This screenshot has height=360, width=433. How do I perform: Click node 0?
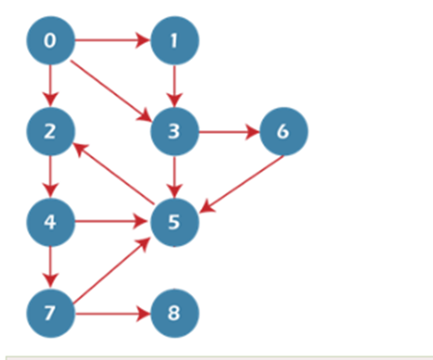tap(50, 40)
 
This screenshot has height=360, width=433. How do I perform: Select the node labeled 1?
tap(174, 40)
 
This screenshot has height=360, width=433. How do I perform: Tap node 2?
tap(50, 131)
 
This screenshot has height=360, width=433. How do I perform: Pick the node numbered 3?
tap(174, 131)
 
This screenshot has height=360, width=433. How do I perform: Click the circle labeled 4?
tap(50, 222)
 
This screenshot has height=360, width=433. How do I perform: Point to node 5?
tap(174, 222)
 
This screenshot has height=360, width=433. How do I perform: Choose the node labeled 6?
tap(283, 131)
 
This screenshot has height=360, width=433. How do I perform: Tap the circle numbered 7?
tap(50, 313)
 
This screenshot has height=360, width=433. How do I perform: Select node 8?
tap(174, 313)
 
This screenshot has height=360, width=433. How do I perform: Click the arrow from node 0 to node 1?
tap(113, 40)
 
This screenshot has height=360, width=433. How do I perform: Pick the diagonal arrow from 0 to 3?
tap(111, 91)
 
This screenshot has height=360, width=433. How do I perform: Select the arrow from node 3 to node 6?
tap(230, 131)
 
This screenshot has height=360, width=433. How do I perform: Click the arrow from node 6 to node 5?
tap(242, 184)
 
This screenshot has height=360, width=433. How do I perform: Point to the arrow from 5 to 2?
tap(114, 173)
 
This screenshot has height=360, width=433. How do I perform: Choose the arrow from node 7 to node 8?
tap(113, 313)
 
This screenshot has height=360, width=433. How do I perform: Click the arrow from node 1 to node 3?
tap(174, 86)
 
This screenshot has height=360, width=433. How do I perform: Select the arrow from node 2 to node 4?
tap(50, 177)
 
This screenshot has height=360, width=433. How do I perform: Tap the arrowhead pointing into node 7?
tap(50, 281)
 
